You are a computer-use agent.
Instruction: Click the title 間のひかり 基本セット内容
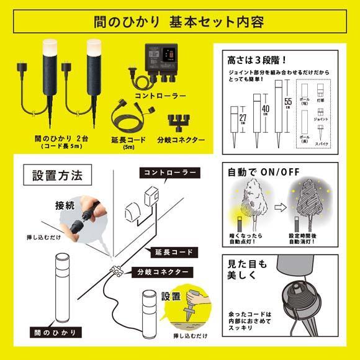pos(180,23)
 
